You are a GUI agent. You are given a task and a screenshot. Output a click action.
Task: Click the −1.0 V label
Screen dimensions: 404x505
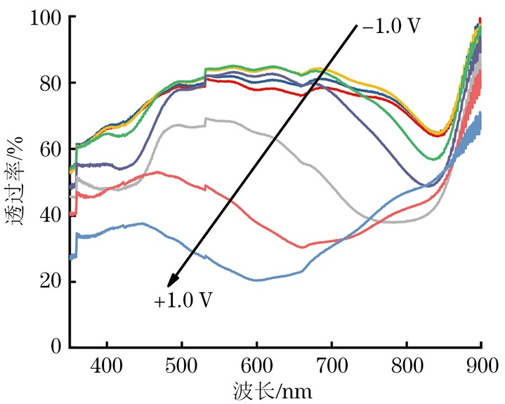392,27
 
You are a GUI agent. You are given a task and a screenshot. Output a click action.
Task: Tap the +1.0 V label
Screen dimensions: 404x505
183,301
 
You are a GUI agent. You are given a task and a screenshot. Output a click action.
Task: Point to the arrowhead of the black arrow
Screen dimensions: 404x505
171,284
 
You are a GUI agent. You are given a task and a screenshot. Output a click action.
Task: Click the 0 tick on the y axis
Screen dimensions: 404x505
56,347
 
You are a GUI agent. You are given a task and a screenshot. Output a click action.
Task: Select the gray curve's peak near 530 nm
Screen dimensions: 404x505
206,119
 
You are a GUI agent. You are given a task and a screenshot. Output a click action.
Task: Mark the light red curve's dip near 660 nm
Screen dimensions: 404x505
302,247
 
